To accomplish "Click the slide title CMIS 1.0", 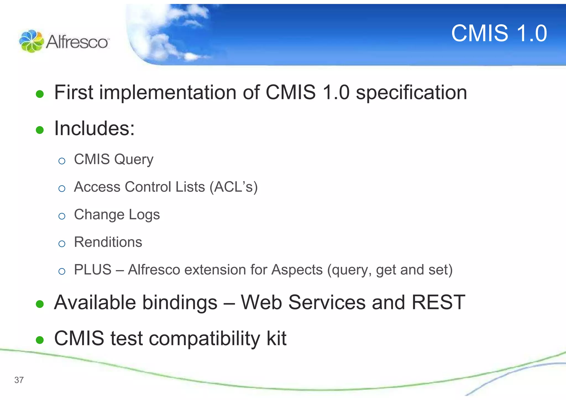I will coord(499,33).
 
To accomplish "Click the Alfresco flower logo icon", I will coord(31,41).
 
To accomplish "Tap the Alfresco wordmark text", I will coord(77,42).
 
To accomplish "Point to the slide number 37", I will coord(19,380).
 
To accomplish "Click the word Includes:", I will coord(94,129).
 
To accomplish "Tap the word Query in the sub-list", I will coord(134,160).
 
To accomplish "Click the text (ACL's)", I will coord(234,187).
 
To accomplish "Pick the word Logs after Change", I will coord(144,215).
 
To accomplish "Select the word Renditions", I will coord(108,242).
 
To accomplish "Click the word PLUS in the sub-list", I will coord(93,270).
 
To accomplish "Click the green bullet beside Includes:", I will coord(40,130).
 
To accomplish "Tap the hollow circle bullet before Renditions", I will coord(62,244).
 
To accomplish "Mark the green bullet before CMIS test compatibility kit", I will coord(40,340).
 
